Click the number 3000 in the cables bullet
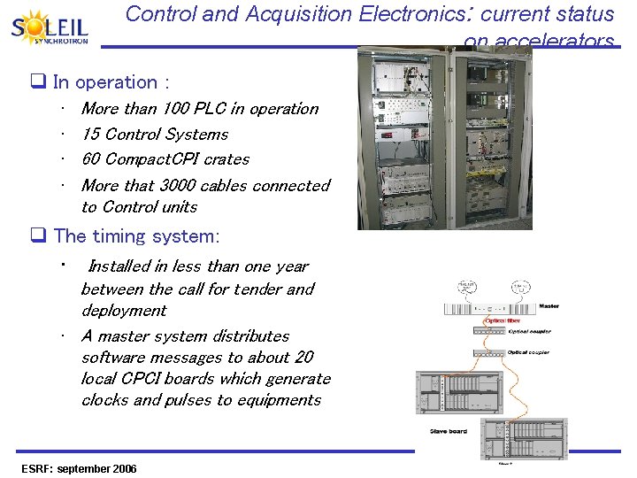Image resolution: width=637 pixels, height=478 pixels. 178,186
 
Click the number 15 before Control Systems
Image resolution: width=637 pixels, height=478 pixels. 90,135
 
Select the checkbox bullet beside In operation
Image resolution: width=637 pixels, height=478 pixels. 39,83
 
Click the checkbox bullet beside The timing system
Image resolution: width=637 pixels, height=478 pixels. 39,236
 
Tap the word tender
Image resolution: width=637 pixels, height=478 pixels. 257,289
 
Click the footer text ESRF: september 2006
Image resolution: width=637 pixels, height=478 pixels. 79,468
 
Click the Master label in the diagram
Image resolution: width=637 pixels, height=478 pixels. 549,307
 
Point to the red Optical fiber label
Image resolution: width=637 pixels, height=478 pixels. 503,320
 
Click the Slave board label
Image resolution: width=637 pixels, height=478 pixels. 449,431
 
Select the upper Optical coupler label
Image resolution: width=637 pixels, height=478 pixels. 529,332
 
